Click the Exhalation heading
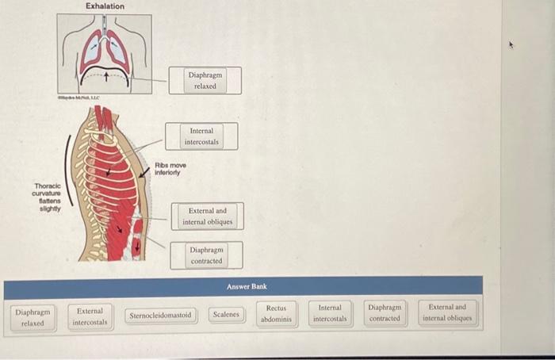point(105,6)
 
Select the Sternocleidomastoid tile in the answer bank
point(161,315)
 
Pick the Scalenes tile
point(226,315)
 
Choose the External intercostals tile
point(90,316)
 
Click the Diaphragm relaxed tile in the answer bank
point(33,317)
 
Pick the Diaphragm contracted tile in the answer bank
point(385,313)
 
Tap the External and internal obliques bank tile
point(449,313)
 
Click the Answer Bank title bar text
point(247,286)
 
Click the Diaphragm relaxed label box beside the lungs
point(205,80)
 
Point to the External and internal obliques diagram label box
point(207,216)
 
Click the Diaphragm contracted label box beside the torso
point(206,255)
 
